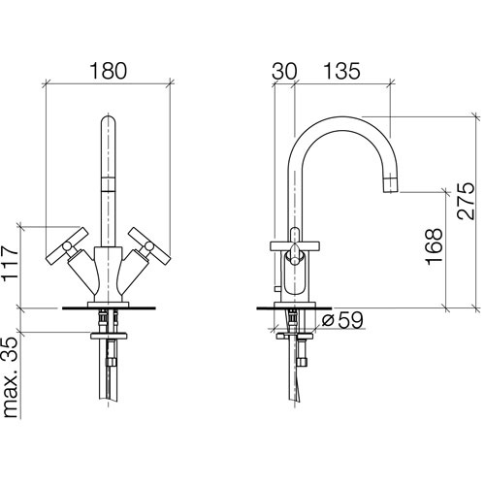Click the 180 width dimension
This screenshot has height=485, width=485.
108,71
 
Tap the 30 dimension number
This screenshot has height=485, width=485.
284,71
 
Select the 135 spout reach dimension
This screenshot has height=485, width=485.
341,71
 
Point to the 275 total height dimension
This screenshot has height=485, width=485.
466,202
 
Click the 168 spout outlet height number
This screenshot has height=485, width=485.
434,246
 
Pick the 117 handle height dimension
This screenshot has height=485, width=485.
10,264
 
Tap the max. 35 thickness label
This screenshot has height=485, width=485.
10,377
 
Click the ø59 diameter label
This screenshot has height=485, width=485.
342,320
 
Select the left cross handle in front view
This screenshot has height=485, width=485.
67,246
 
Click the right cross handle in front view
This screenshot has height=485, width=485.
148,246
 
